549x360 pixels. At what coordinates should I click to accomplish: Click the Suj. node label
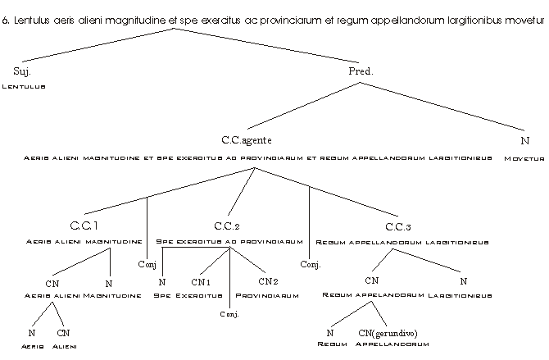(22, 71)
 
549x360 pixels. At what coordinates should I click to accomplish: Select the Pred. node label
(361, 71)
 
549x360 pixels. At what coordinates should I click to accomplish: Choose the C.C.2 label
(226, 226)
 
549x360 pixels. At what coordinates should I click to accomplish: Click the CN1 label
(202, 282)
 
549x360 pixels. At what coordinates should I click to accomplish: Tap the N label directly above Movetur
(525, 141)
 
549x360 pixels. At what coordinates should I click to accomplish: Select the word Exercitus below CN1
(200, 295)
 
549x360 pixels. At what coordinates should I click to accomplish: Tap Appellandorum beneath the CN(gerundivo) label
(392, 345)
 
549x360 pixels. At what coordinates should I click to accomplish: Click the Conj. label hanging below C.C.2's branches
(229, 314)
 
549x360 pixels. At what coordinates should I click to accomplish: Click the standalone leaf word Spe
(161, 295)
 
